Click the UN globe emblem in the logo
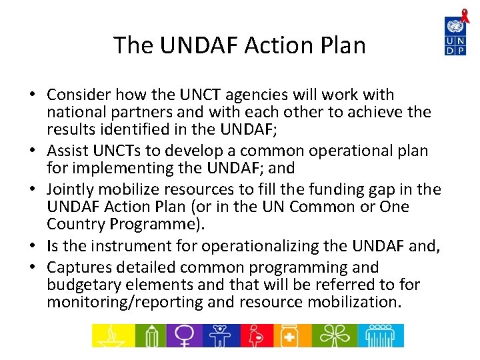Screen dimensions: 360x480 click(x=455, y=27)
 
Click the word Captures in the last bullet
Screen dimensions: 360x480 click(x=78, y=267)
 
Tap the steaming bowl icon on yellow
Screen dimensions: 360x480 click(x=113, y=335)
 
